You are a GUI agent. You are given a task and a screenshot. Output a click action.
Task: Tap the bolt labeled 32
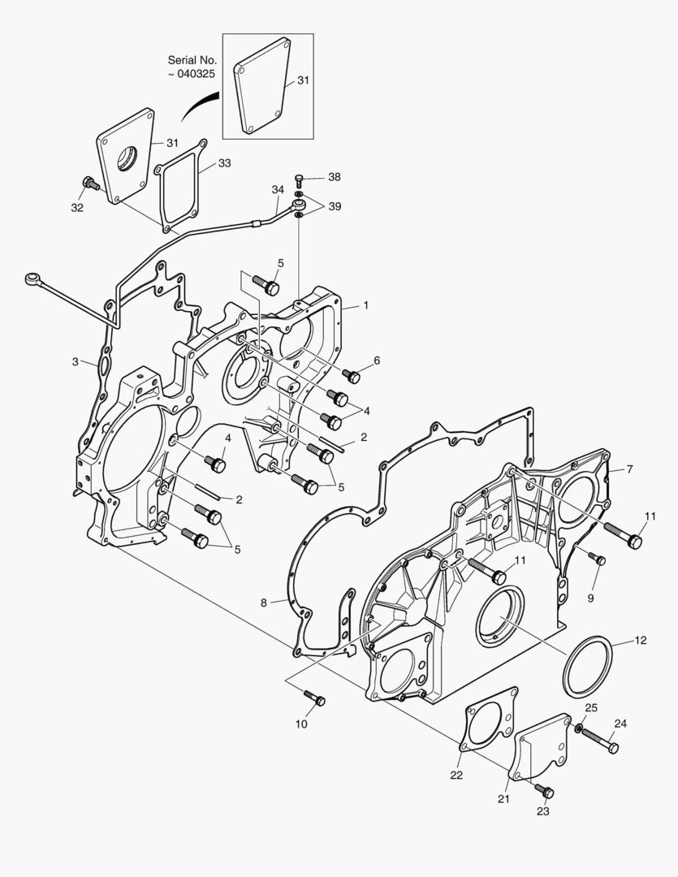pos(90,183)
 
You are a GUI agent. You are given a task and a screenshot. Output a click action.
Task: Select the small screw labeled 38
pos(300,179)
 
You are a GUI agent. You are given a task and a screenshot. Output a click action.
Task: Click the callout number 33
pos(224,163)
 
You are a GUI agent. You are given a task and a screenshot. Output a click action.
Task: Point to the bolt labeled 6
pos(351,376)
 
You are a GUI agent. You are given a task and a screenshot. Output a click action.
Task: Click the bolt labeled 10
pos(314,698)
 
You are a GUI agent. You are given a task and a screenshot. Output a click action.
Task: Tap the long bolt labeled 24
pos(600,741)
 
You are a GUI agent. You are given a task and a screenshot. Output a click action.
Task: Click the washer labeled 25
pos(579,728)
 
